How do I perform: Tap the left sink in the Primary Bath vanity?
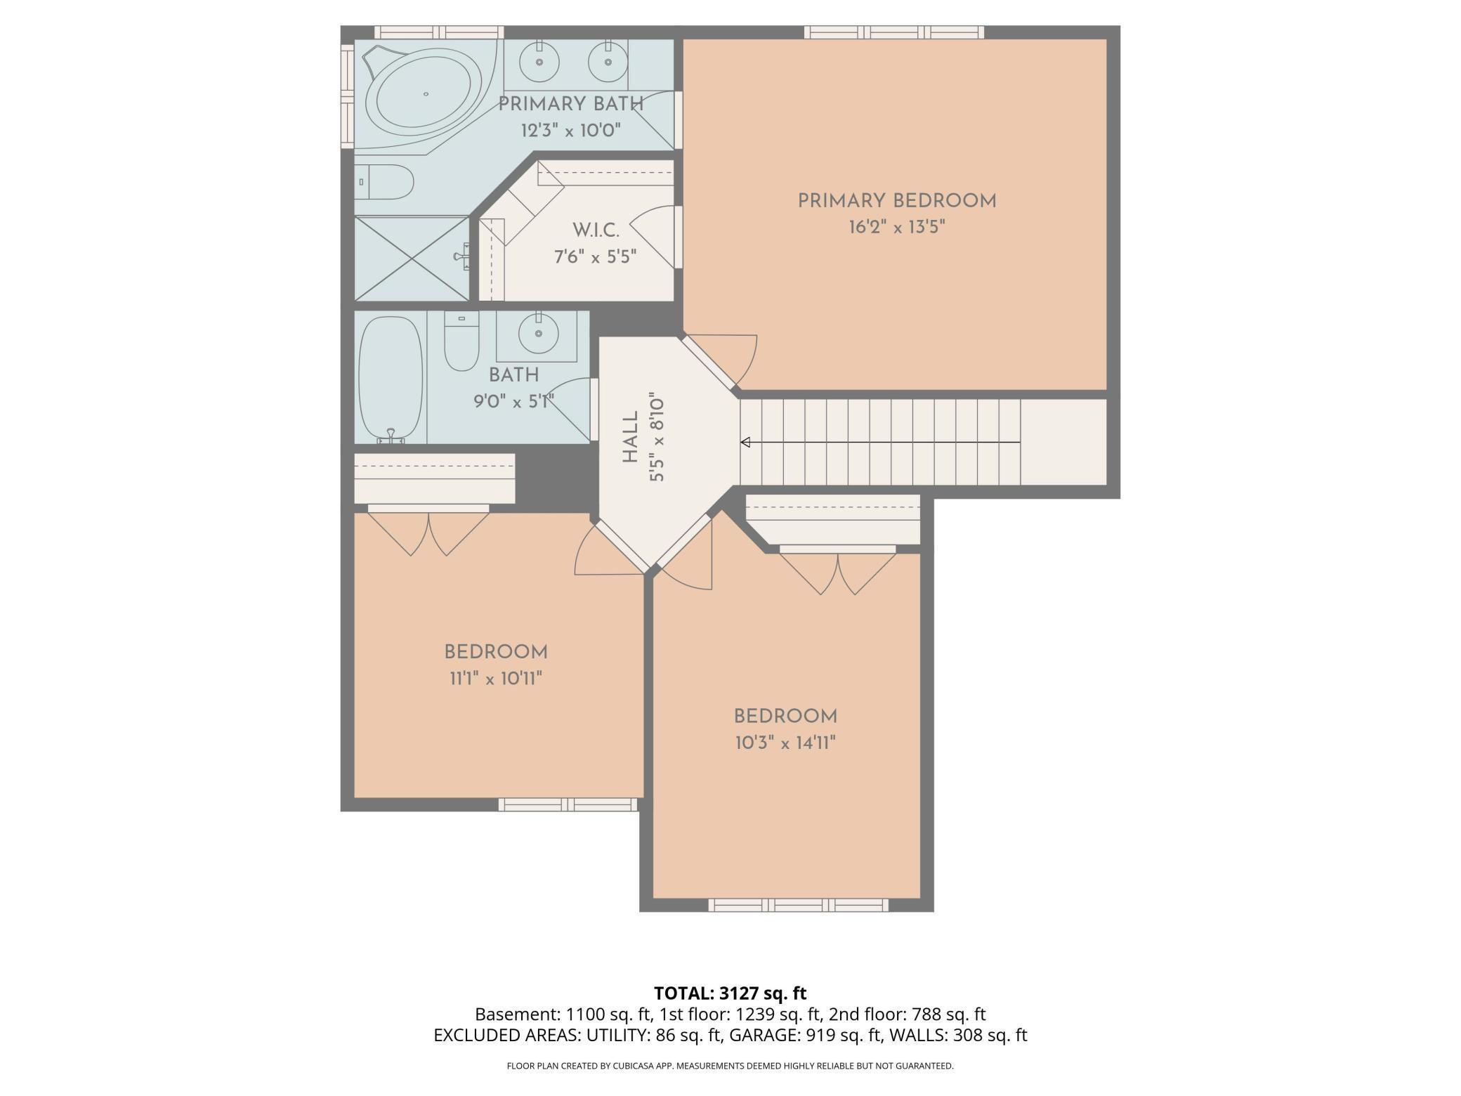(x=539, y=62)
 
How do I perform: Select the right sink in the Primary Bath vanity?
(x=608, y=62)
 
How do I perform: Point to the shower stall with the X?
(x=412, y=259)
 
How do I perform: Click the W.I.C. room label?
(x=596, y=230)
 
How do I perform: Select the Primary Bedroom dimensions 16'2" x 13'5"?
(x=897, y=227)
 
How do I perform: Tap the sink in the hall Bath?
(x=539, y=334)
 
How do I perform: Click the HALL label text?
(x=631, y=437)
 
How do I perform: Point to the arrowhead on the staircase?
(x=746, y=442)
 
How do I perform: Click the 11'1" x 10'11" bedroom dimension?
(x=496, y=679)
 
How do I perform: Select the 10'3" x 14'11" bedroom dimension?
(x=785, y=743)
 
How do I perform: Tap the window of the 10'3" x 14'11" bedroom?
(x=798, y=905)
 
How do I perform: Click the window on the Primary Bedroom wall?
(x=893, y=32)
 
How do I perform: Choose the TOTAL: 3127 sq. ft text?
(x=730, y=993)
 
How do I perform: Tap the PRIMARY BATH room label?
(x=571, y=104)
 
